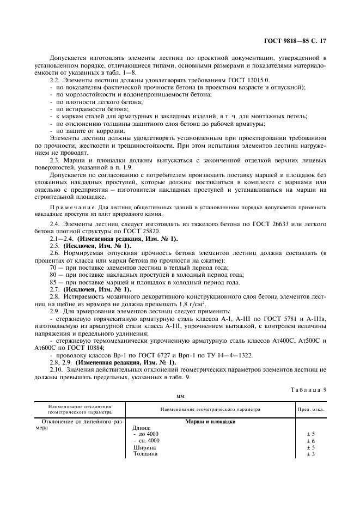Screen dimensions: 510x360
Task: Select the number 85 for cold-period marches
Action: tap(53, 282)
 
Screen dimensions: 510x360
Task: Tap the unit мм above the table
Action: tap(180, 397)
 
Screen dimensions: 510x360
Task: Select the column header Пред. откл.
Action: tap(311, 409)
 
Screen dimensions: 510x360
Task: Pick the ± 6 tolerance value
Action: tap(310, 440)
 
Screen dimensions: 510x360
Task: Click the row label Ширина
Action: tap(144, 447)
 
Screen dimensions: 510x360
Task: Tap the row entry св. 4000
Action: tap(148, 440)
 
